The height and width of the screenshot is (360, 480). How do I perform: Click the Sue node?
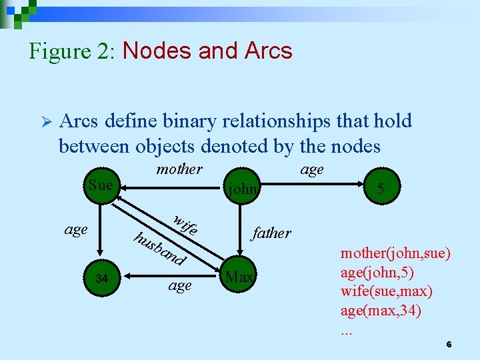[x=101, y=185]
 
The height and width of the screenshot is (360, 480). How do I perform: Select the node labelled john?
[x=243, y=189]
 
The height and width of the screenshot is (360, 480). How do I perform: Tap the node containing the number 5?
[x=379, y=189]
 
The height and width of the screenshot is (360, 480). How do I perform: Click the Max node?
[x=239, y=276]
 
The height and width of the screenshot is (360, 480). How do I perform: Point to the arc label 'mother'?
[x=179, y=169]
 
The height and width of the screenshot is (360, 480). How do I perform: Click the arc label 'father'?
[x=271, y=233]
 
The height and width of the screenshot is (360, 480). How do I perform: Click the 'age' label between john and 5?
[x=311, y=169]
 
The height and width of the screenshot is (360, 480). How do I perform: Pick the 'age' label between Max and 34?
[x=179, y=285]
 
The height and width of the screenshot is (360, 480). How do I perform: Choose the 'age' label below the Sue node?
[x=76, y=229]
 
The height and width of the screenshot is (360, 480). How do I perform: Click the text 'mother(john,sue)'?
[x=395, y=254]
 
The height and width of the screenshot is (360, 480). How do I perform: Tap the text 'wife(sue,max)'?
[x=386, y=291]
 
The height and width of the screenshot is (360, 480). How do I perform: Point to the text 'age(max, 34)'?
[x=381, y=310]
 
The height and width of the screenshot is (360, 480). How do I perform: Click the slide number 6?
[x=449, y=344]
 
